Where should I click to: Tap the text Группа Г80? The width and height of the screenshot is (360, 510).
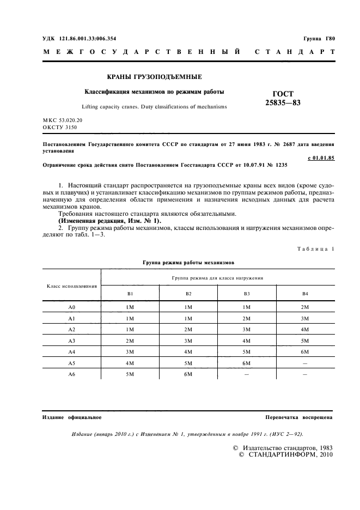pyautogui.click(x=320, y=39)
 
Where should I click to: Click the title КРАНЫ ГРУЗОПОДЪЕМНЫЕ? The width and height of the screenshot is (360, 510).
pyautogui.click(x=153, y=77)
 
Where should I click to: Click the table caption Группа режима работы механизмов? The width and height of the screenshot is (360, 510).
pyautogui.click(x=188, y=262)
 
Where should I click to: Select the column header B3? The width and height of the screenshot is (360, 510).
pyautogui.click(x=247, y=294)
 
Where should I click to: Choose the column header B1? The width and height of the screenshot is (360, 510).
pyautogui.click(x=130, y=294)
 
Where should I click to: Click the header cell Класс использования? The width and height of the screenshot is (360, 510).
pyautogui.click(x=72, y=285)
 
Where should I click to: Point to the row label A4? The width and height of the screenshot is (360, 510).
pyautogui.click(x=72, y=352)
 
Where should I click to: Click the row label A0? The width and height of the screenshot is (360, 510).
pyautogui.click(x=72, y=307)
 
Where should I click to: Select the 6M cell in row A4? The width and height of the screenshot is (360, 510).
pyautogui.click(x=305, y=352)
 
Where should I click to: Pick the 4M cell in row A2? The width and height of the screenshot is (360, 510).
pyautogui.click(x=305, y=330)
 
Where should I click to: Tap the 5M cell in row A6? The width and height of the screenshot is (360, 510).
pyautogui.click(x=130, y=374)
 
